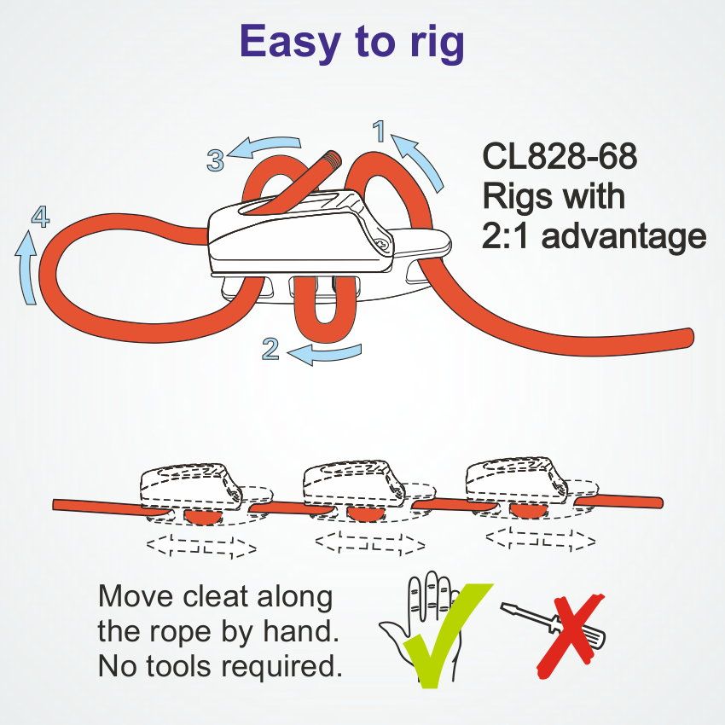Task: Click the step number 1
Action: (x=380, y=130)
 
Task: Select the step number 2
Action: (x=271, y=348)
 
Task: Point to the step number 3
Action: (x=216, y=159)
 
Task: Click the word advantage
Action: (x=624, y=236)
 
